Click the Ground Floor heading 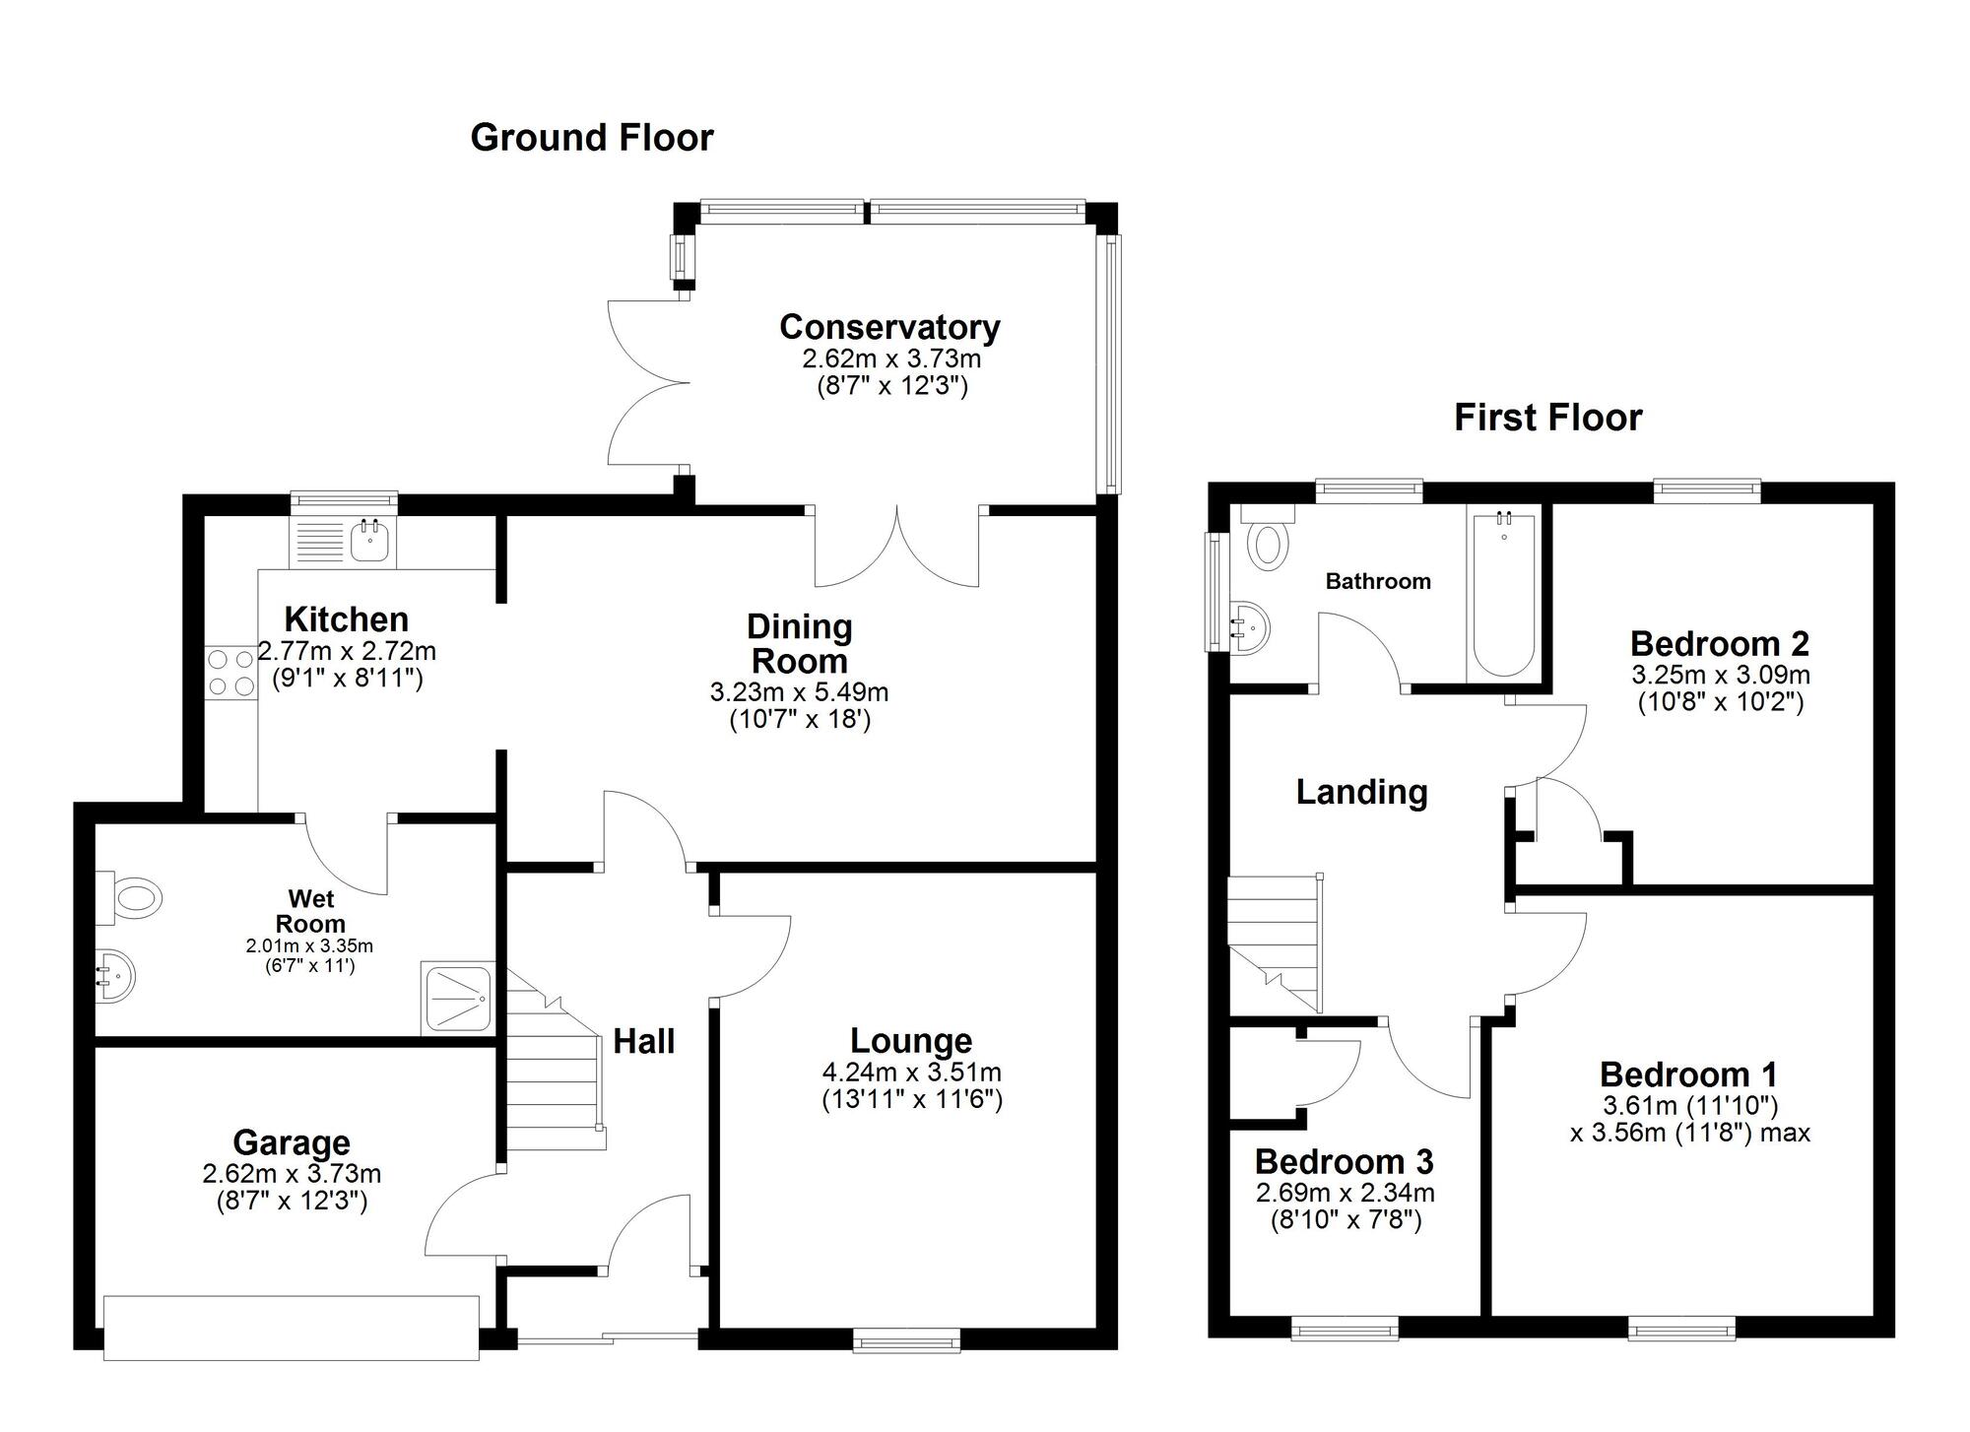[592, 138]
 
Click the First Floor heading [1548, 418]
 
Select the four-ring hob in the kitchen [230, 672]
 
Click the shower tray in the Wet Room [457, 998]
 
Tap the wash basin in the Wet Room [114, 976]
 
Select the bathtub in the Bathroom [1503, 592]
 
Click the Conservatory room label [889, 327]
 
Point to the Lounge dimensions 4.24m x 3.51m [912, 1072]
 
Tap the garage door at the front [292, 1329]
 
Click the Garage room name [292, 1142]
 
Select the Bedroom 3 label [1344, 1161]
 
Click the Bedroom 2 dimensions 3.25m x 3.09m [1721, 676]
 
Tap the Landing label [1361, 792]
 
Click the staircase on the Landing [1275, 943]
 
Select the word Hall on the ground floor [644, 1041]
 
